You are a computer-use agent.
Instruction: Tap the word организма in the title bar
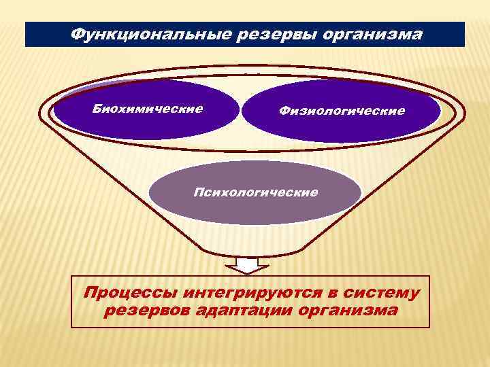[x=368, y=34]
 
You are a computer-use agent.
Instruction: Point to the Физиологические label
[x=341, y=111]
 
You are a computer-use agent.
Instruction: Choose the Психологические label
[x=255, y=192]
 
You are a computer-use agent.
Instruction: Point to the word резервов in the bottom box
[x=143, y=311]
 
